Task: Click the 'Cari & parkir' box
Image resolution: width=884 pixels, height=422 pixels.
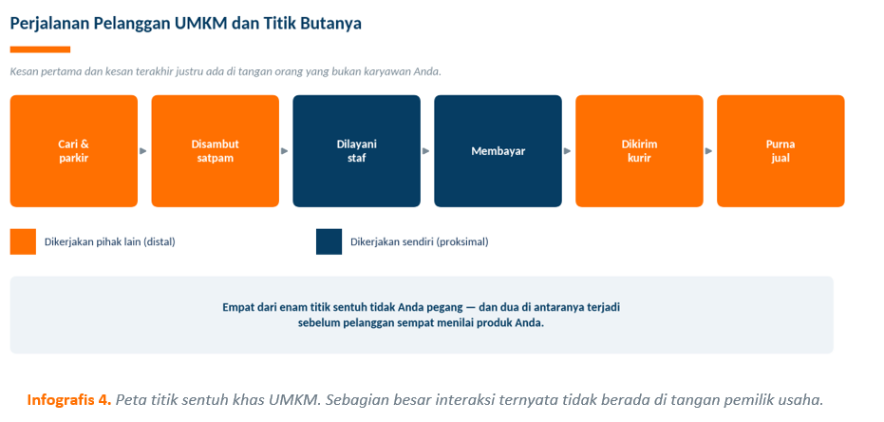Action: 74,151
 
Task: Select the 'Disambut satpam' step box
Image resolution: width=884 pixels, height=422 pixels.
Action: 216,151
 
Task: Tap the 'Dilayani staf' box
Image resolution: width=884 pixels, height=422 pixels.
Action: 356,151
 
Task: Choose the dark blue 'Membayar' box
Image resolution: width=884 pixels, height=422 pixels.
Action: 498,151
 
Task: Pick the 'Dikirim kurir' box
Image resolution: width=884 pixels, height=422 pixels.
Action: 639,151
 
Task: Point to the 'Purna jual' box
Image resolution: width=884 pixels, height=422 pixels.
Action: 781,151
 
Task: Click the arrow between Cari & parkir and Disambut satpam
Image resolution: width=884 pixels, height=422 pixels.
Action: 143,151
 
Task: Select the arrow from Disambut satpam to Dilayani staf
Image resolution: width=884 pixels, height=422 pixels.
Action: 285,151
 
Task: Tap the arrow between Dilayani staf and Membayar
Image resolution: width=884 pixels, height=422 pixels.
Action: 426,151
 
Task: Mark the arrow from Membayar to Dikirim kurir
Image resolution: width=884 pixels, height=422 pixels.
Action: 567,151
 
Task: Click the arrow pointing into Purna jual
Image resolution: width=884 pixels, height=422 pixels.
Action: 708,151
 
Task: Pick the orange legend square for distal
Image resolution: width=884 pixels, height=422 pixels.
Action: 23,241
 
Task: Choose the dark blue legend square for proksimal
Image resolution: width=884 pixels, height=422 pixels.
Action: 329,241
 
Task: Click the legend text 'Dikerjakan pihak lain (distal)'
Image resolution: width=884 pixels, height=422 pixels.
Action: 110,242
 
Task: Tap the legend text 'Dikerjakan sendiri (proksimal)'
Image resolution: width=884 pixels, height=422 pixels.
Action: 420,242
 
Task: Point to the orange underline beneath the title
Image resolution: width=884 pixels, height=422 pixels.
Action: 40,49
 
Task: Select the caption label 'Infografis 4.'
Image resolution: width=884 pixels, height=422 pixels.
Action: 69,400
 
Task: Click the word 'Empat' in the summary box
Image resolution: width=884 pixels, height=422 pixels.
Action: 237,309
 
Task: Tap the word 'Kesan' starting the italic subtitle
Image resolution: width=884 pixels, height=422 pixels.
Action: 23,72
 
